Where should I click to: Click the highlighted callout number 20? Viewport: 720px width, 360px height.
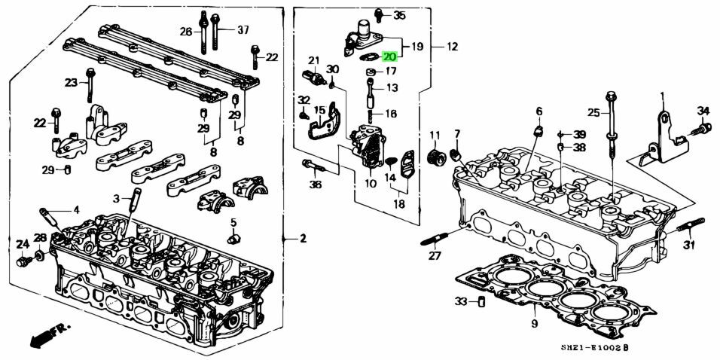tap(389, 56)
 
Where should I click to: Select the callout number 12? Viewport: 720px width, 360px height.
tap(452, 47)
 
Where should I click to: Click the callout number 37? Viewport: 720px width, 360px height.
tap(243, 30)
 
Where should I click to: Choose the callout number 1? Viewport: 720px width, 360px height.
tap(663, 96)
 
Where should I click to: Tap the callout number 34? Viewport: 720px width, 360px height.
tap(703, 111)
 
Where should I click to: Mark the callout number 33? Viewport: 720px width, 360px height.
tap(460, 302)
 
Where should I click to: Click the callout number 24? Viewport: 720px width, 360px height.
tap(22, 243)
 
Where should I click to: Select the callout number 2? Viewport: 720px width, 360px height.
tap(303, 239)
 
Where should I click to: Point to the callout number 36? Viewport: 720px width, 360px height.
tap(315, 185)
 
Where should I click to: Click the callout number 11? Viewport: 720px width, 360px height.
tap(435, 136)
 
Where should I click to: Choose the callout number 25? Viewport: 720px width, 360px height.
tap(593, 113)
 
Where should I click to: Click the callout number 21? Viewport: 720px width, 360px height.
tap(314, 60)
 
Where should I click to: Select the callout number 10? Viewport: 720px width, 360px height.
tap(371, 184)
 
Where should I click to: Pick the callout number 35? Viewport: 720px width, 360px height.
tap(399, 15)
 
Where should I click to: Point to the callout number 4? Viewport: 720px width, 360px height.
tap(75, 209)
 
